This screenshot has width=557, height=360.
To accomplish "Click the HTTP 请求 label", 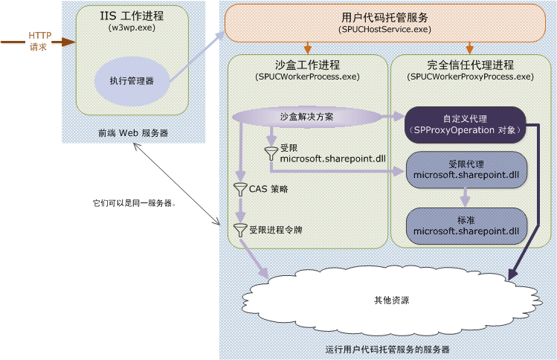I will pos(39,41).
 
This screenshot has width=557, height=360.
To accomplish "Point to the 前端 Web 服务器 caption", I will pos(133,133).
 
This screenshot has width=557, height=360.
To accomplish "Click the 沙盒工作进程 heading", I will pos(307,65).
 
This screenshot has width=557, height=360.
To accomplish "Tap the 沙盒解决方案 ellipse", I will pos(306,117).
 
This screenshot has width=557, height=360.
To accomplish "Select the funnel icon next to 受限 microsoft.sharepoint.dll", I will pos(271,154).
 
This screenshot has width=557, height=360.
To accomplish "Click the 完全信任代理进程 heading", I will pos(470,65).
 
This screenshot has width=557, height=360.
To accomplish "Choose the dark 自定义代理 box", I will pos(466,124).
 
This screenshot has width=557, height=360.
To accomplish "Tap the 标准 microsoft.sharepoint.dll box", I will pos(466,226).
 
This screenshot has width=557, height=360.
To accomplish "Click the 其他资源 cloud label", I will pos(391,301).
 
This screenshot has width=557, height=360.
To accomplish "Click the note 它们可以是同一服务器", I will pos(134,202).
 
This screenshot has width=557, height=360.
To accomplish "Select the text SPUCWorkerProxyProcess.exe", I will pos(470,77).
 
